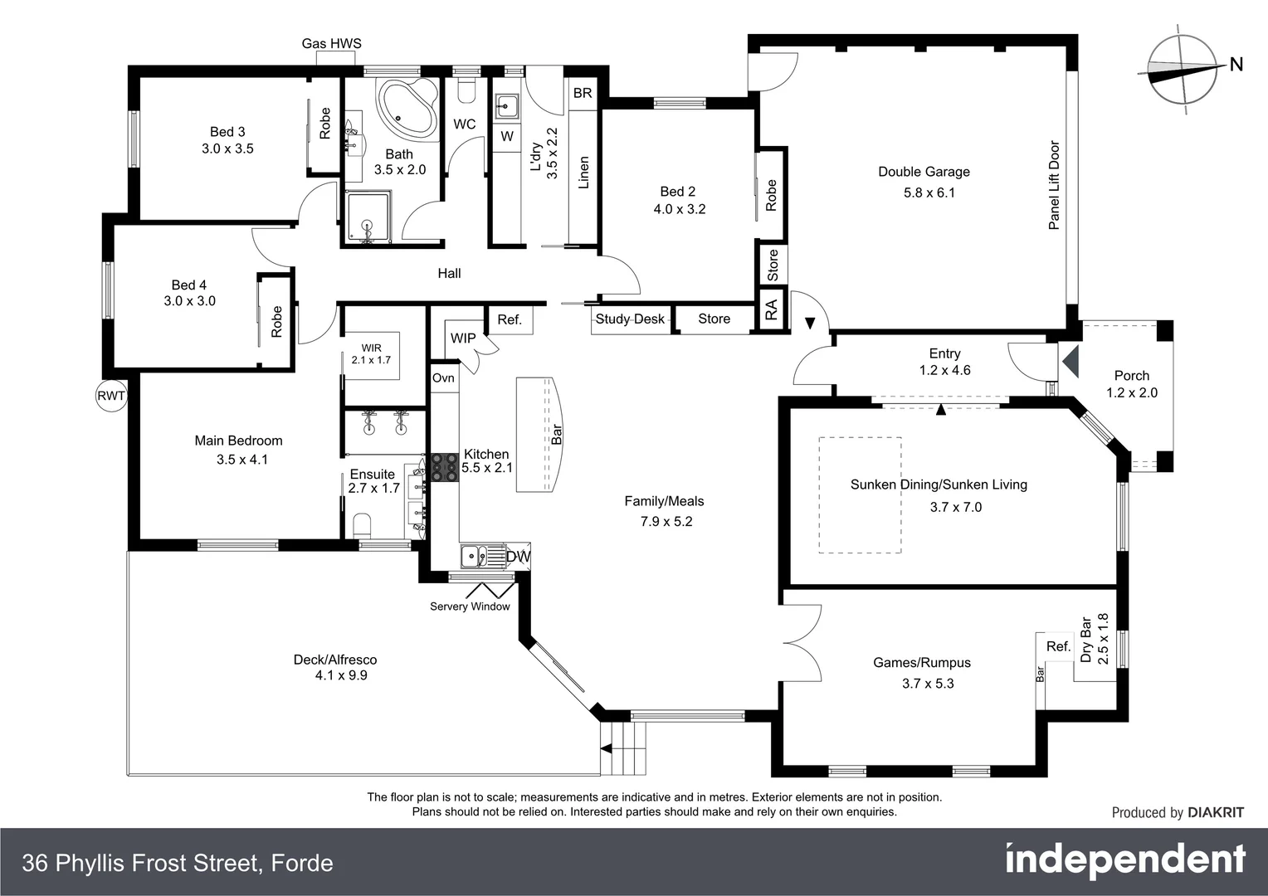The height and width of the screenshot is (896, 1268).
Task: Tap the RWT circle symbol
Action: (x=111, y=396)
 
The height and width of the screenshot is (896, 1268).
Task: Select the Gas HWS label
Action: (x=331, y=43)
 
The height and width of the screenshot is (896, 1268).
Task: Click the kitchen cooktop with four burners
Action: (x=444, y=468)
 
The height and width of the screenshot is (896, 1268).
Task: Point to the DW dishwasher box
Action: (x=518, y=556)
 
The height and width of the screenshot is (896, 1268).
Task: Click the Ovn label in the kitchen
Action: (x=443, y=378)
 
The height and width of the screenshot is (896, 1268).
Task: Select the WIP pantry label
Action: (x=463, y=338)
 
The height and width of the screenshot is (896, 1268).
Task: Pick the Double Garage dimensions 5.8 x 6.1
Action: (x=929, y=192)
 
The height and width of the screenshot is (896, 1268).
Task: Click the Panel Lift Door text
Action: (x=1054, y=185)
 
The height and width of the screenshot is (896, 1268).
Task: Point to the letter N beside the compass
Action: (x=1236, y=65)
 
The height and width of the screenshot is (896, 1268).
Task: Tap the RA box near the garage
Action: (x=772, y=310)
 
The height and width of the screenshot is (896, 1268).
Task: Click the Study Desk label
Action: (x=630, y=319)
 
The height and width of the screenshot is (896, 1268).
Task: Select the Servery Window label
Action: (x=470, y=606)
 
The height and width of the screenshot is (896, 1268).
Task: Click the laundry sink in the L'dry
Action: (x=506, y=106)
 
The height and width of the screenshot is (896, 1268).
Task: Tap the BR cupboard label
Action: (x=583, y=93)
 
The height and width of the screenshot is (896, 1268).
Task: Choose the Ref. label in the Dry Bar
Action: (x=1058, y=646)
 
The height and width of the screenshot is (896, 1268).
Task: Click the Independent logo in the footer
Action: (x=1124, y=860)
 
